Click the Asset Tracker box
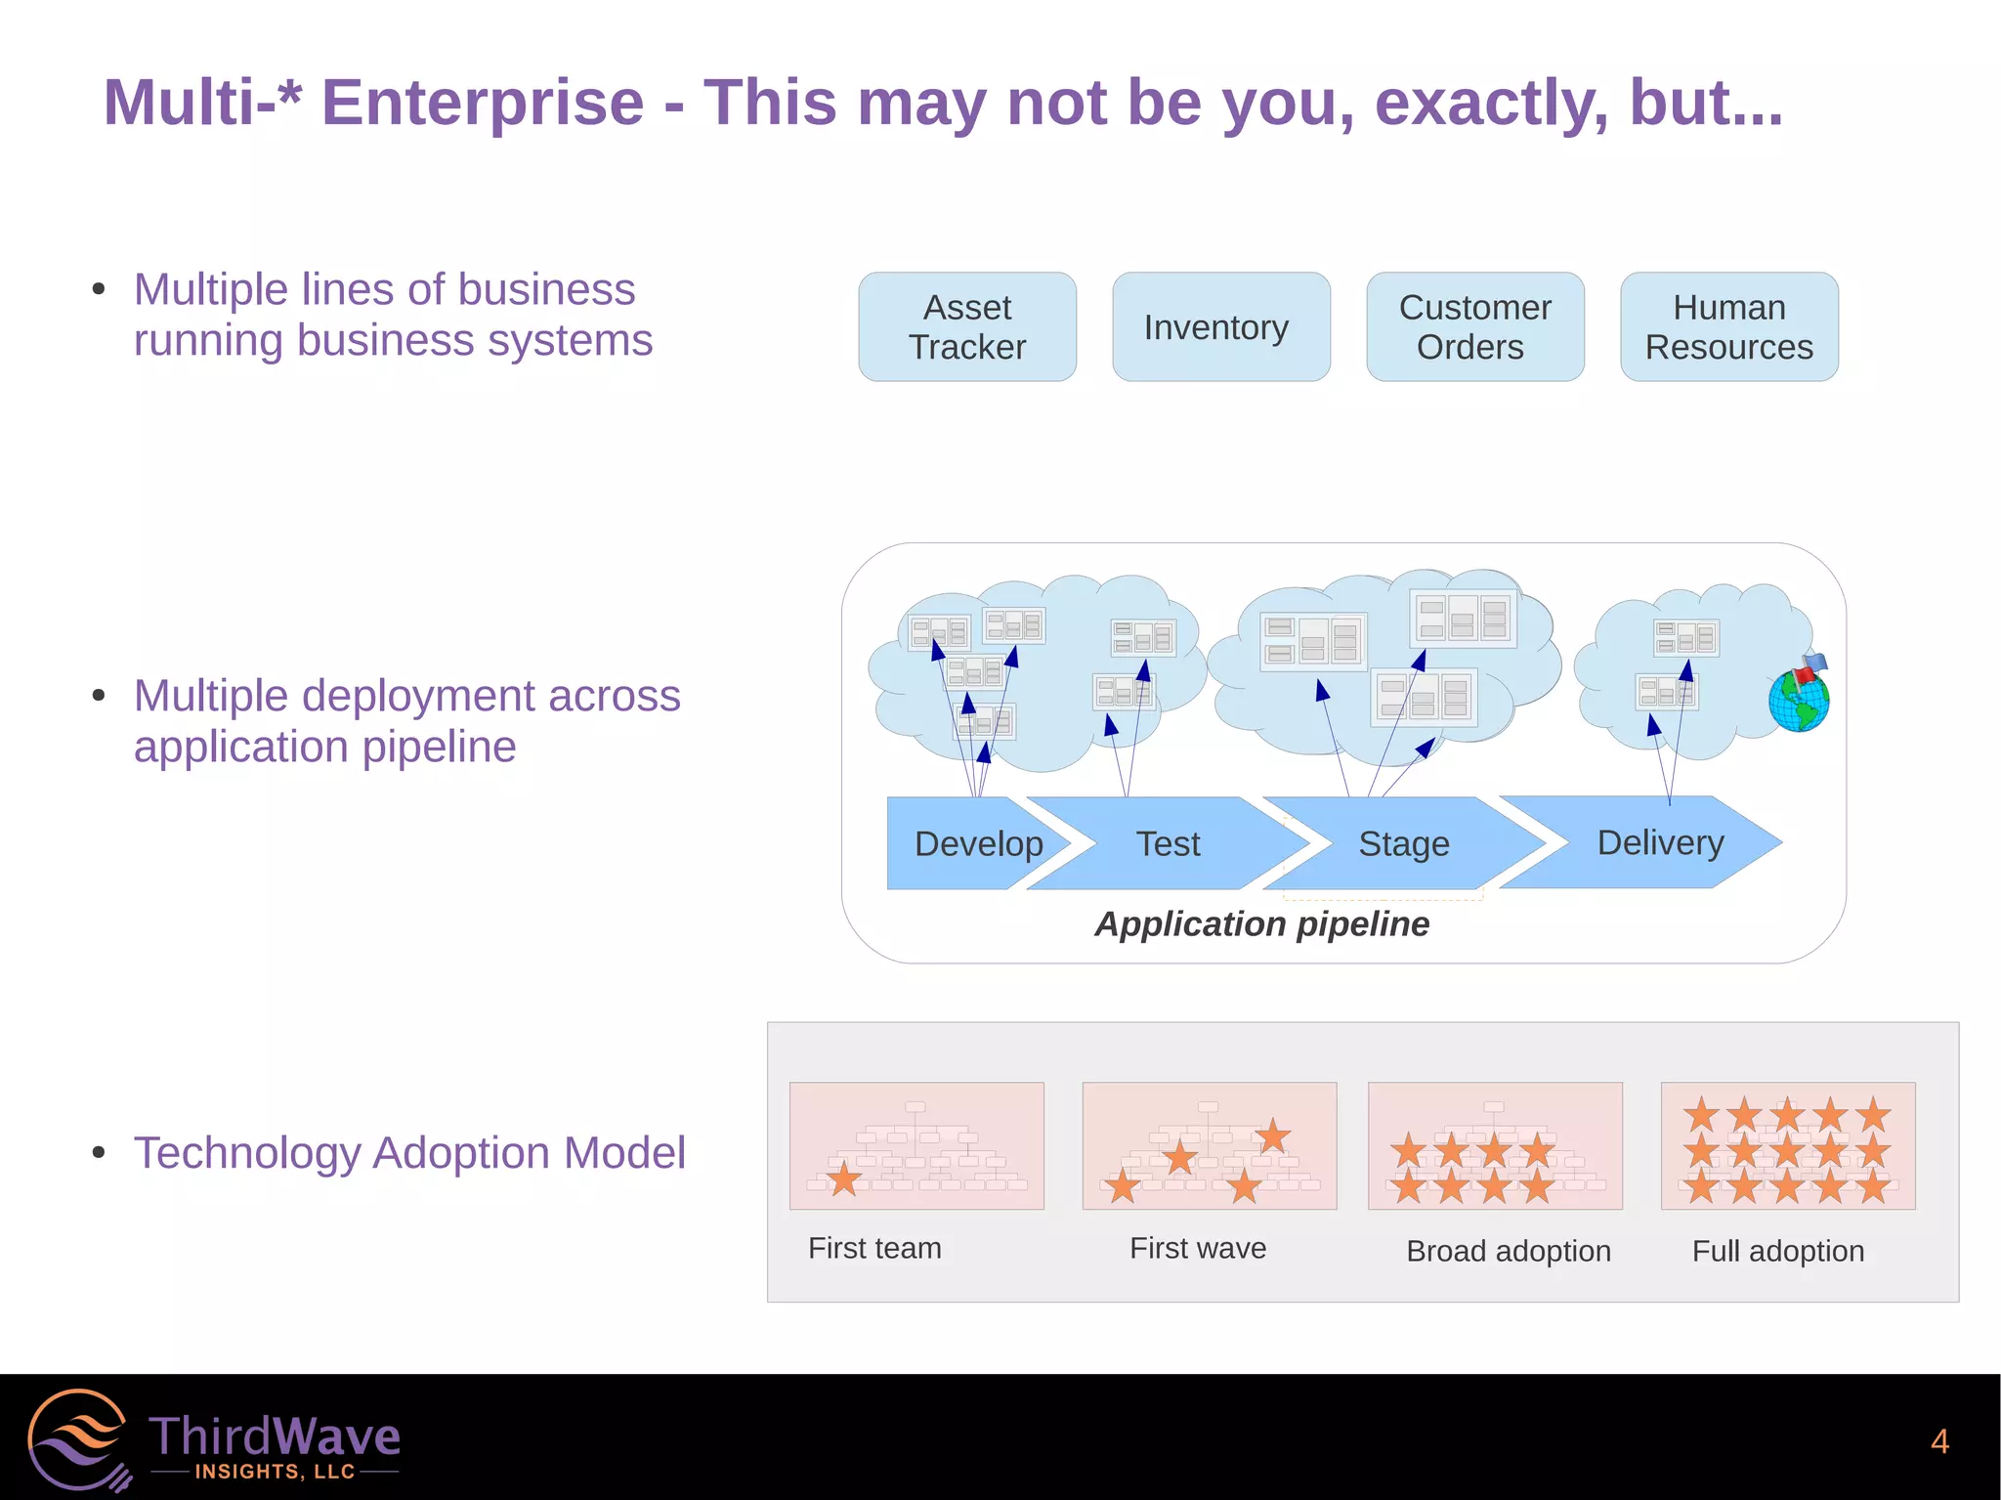pyautogui.click(x=967, y=327)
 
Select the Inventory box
pyautogui.click(x=1221, y=327)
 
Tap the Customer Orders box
pyautogui.click(x=1475, y=327)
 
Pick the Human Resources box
pyautogui.click(x=1729, y=327)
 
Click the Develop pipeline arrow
pyautogui.click(x=967, y=843)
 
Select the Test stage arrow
pyautogui.click(x=1169, y=843)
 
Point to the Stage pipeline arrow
pyautogui.click(x=1404, y=843)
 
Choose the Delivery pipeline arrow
pyautogui.click(x=1660, y=842)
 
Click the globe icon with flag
pyautogui.click(x=1800, y=696)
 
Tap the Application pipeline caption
pyautogui.click(x=1261, y=923)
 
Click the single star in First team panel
pyautogui.click(x=844, y=1179)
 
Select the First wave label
pyautogui.click(x=1198, y=1248)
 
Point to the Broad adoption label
pyautogui.click(x=1509, y=1251)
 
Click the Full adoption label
pyautogui.click(x=1778, y=1251)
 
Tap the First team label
pyautogui.click(x=874, y=1248)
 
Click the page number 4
pyautogui.click(x=1939, y=1441)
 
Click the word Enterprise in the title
pyautogui.click(x=483, y=103)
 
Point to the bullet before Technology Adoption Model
pyautogui.click(x=99, y=1153)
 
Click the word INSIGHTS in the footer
pyautogui.click(x=248, y=1472)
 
